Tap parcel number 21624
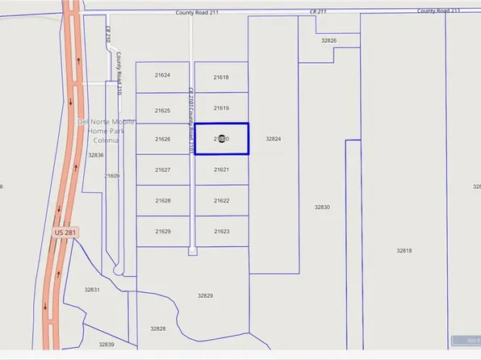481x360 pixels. [163, 75]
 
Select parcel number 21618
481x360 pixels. [221, 77]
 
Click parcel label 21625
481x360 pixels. [163, 111]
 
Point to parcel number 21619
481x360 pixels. [222, 108]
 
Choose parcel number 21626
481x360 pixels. [163, 139]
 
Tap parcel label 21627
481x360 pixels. [163, 170]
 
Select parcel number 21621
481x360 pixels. [222, 170]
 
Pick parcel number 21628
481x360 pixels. [163, 200]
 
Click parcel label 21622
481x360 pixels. [222, 201]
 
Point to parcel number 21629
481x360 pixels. [163, 232]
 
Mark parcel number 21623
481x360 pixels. [222, 232]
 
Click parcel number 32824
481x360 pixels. [274, 139]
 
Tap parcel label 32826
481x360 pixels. [328, 40]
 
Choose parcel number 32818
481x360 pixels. [404, 251]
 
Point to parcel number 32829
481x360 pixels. [205, 296]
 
